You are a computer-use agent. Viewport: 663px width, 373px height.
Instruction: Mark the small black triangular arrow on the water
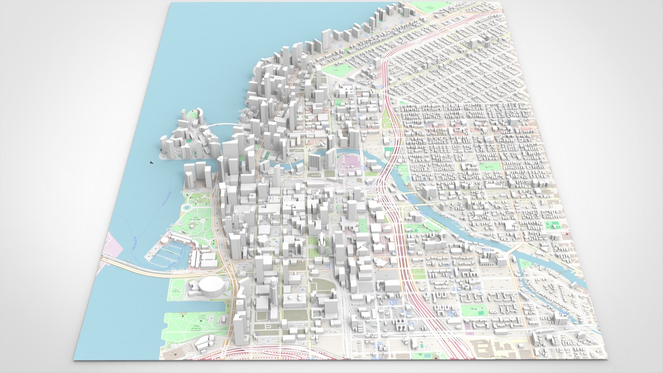(x=151, y=162)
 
